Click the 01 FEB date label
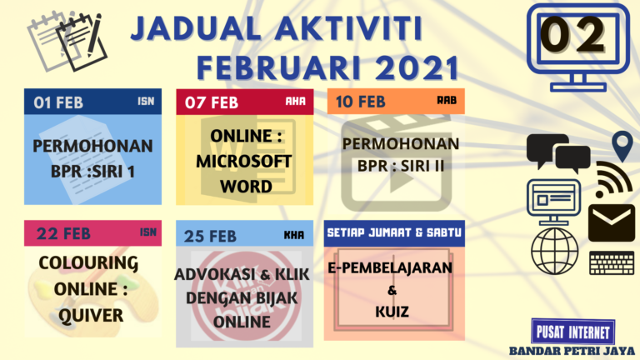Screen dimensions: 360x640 (x=59, y=102)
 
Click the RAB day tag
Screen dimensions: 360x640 (x=447, y=100)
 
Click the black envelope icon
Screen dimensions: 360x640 (x=611, y=222)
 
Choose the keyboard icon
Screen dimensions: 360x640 (x=612, y=262)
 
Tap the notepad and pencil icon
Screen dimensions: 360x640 (x=65, y=37)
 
